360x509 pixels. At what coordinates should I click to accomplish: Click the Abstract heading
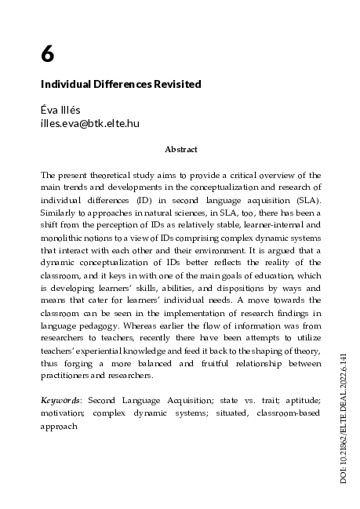180,149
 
